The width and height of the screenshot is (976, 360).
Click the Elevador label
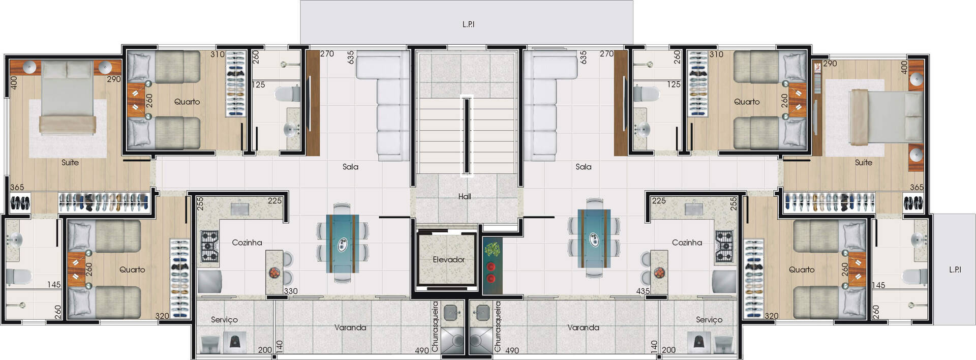point(448,259)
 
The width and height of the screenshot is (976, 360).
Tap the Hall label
point(465,196)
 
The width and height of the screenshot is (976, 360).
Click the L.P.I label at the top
point(468,24)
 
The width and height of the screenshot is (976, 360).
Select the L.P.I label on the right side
point(955,269)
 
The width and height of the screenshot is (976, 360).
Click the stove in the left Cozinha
point(209,247)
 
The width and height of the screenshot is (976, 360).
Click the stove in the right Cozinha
point(724,247)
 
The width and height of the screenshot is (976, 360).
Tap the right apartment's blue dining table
point(594,238)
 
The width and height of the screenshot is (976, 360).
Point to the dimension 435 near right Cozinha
point(643,291)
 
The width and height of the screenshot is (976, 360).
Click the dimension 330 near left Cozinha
point(291,291)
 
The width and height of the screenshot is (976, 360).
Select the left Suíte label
point(70,163)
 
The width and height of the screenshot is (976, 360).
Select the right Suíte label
point(863,163)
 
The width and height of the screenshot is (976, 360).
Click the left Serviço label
point(224,319)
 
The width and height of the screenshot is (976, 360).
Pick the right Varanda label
point(583,327)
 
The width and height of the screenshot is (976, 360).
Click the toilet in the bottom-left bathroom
point(18,277)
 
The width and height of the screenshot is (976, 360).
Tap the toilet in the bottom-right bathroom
point(915,277)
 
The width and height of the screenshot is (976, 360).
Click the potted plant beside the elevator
point(492,250)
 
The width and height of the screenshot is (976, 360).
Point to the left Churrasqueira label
point(435,326)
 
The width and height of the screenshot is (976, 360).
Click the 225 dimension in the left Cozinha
point(274,201)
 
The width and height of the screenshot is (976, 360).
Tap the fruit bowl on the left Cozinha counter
point(274,273)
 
